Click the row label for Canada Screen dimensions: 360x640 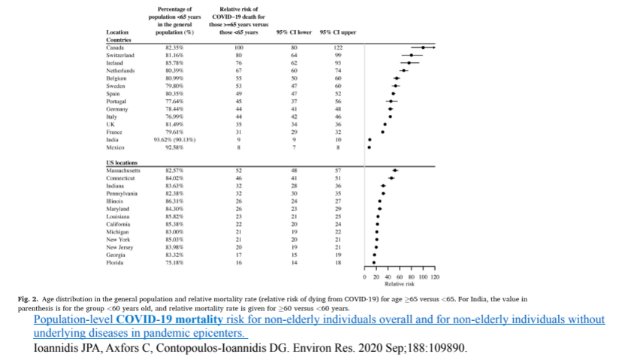coord(116,47)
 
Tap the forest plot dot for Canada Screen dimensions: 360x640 coord(424,47)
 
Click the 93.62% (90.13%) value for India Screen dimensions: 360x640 coord(175,139)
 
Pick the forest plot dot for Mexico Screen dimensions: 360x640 coord(369,147)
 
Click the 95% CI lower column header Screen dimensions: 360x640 coord(294,32)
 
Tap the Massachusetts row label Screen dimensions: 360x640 coord(125,171)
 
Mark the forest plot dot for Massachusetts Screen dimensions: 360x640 coord(395,171)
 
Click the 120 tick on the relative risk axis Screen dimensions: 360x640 coord(435,277)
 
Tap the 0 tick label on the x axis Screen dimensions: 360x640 coord(366,277)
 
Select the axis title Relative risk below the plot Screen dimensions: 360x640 coord(399,284)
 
